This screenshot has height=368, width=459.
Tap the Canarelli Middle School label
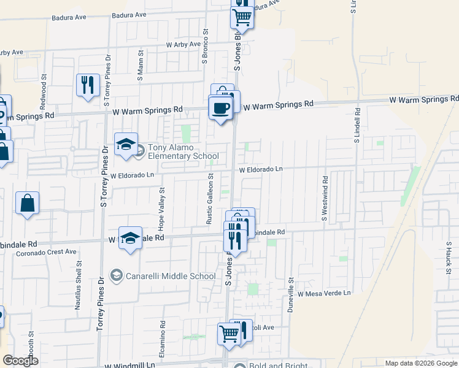click(170, 276)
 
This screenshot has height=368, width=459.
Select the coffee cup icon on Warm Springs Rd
click(220, 109)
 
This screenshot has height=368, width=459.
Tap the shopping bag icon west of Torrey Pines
click(28, 204)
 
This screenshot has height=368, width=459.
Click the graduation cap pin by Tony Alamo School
click(126, 145)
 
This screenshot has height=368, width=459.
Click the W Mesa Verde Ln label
click(324, 294)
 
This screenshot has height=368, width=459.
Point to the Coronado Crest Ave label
click(46, 251)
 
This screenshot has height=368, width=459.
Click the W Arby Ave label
click(183, 45)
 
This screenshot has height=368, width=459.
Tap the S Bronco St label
click(206, 47)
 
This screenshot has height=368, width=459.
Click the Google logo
click(21, 361)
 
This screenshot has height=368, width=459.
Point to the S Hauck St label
click(449, 258)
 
